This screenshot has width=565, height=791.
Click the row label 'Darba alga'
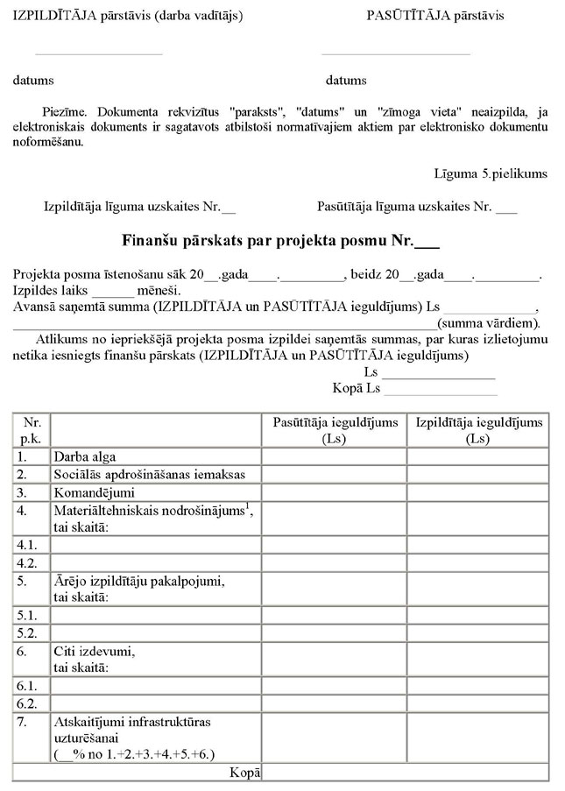[85, 456]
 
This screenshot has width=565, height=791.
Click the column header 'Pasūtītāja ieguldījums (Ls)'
[334, 430]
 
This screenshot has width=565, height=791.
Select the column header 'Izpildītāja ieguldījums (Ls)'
[478, 430]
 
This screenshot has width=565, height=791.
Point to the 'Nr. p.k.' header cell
[32, 430]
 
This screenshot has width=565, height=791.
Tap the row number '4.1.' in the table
[26, 544]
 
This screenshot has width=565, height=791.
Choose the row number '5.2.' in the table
[26, 632]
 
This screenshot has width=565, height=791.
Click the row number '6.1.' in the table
[26, 685]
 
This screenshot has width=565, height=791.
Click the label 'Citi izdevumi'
[95, 652]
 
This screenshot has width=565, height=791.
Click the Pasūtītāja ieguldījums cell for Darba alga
[334, 456]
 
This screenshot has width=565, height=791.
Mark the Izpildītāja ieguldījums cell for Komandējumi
[478, 491]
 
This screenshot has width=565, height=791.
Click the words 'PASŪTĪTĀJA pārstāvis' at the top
[435, 16]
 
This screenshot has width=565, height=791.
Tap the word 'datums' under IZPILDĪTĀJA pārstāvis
[33, 80]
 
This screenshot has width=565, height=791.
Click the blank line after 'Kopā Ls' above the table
[441, 388]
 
